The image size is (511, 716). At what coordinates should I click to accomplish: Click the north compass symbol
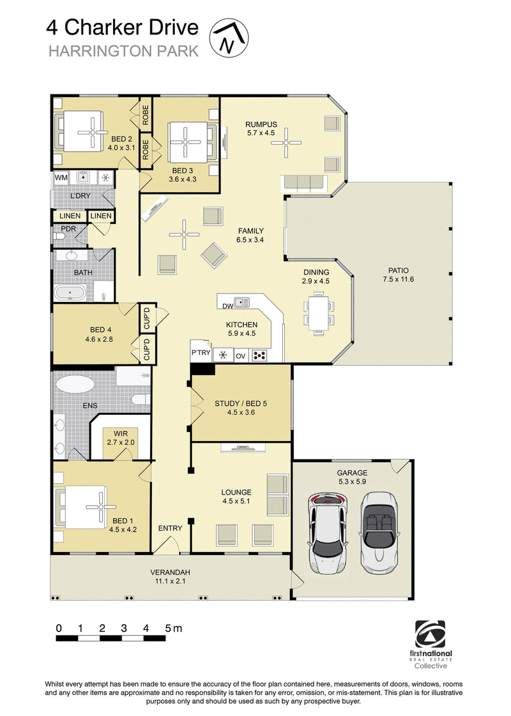229,38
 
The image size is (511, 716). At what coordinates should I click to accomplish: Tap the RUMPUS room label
261,124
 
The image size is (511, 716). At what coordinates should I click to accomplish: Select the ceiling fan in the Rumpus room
286,143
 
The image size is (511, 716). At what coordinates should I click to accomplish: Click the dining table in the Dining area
319,315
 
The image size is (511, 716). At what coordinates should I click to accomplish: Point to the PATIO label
398,271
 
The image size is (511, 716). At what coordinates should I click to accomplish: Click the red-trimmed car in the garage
328,533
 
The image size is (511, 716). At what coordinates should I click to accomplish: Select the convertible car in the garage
379,532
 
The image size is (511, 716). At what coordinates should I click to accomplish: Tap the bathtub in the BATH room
70,293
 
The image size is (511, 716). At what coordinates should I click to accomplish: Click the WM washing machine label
61,177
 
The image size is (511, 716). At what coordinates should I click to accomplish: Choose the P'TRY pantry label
201,352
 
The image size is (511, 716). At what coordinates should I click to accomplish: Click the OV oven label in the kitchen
240,355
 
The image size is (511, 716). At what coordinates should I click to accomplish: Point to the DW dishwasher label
227,306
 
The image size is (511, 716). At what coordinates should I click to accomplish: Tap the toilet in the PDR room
59,236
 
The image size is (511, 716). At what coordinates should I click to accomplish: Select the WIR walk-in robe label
121,433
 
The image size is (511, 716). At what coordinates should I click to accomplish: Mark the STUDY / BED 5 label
241,403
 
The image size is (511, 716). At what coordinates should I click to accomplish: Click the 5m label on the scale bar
174,629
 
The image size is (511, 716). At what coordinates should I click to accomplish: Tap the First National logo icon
430,634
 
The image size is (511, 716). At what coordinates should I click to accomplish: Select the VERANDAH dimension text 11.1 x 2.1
170,581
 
